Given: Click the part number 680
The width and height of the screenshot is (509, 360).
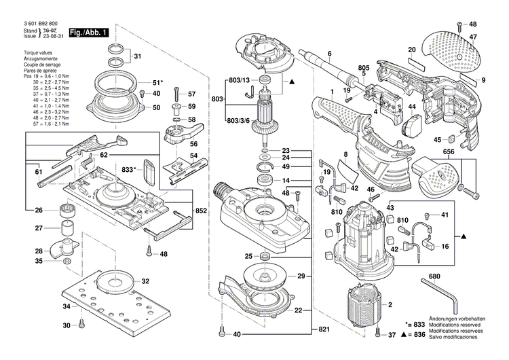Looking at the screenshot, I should [435, 278].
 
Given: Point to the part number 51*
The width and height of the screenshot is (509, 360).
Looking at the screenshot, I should [157, 82].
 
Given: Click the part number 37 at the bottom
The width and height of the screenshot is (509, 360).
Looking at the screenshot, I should [393, 335].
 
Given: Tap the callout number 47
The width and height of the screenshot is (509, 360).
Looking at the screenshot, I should [473, 37].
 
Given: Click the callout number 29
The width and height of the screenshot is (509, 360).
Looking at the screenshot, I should [301, 276].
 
